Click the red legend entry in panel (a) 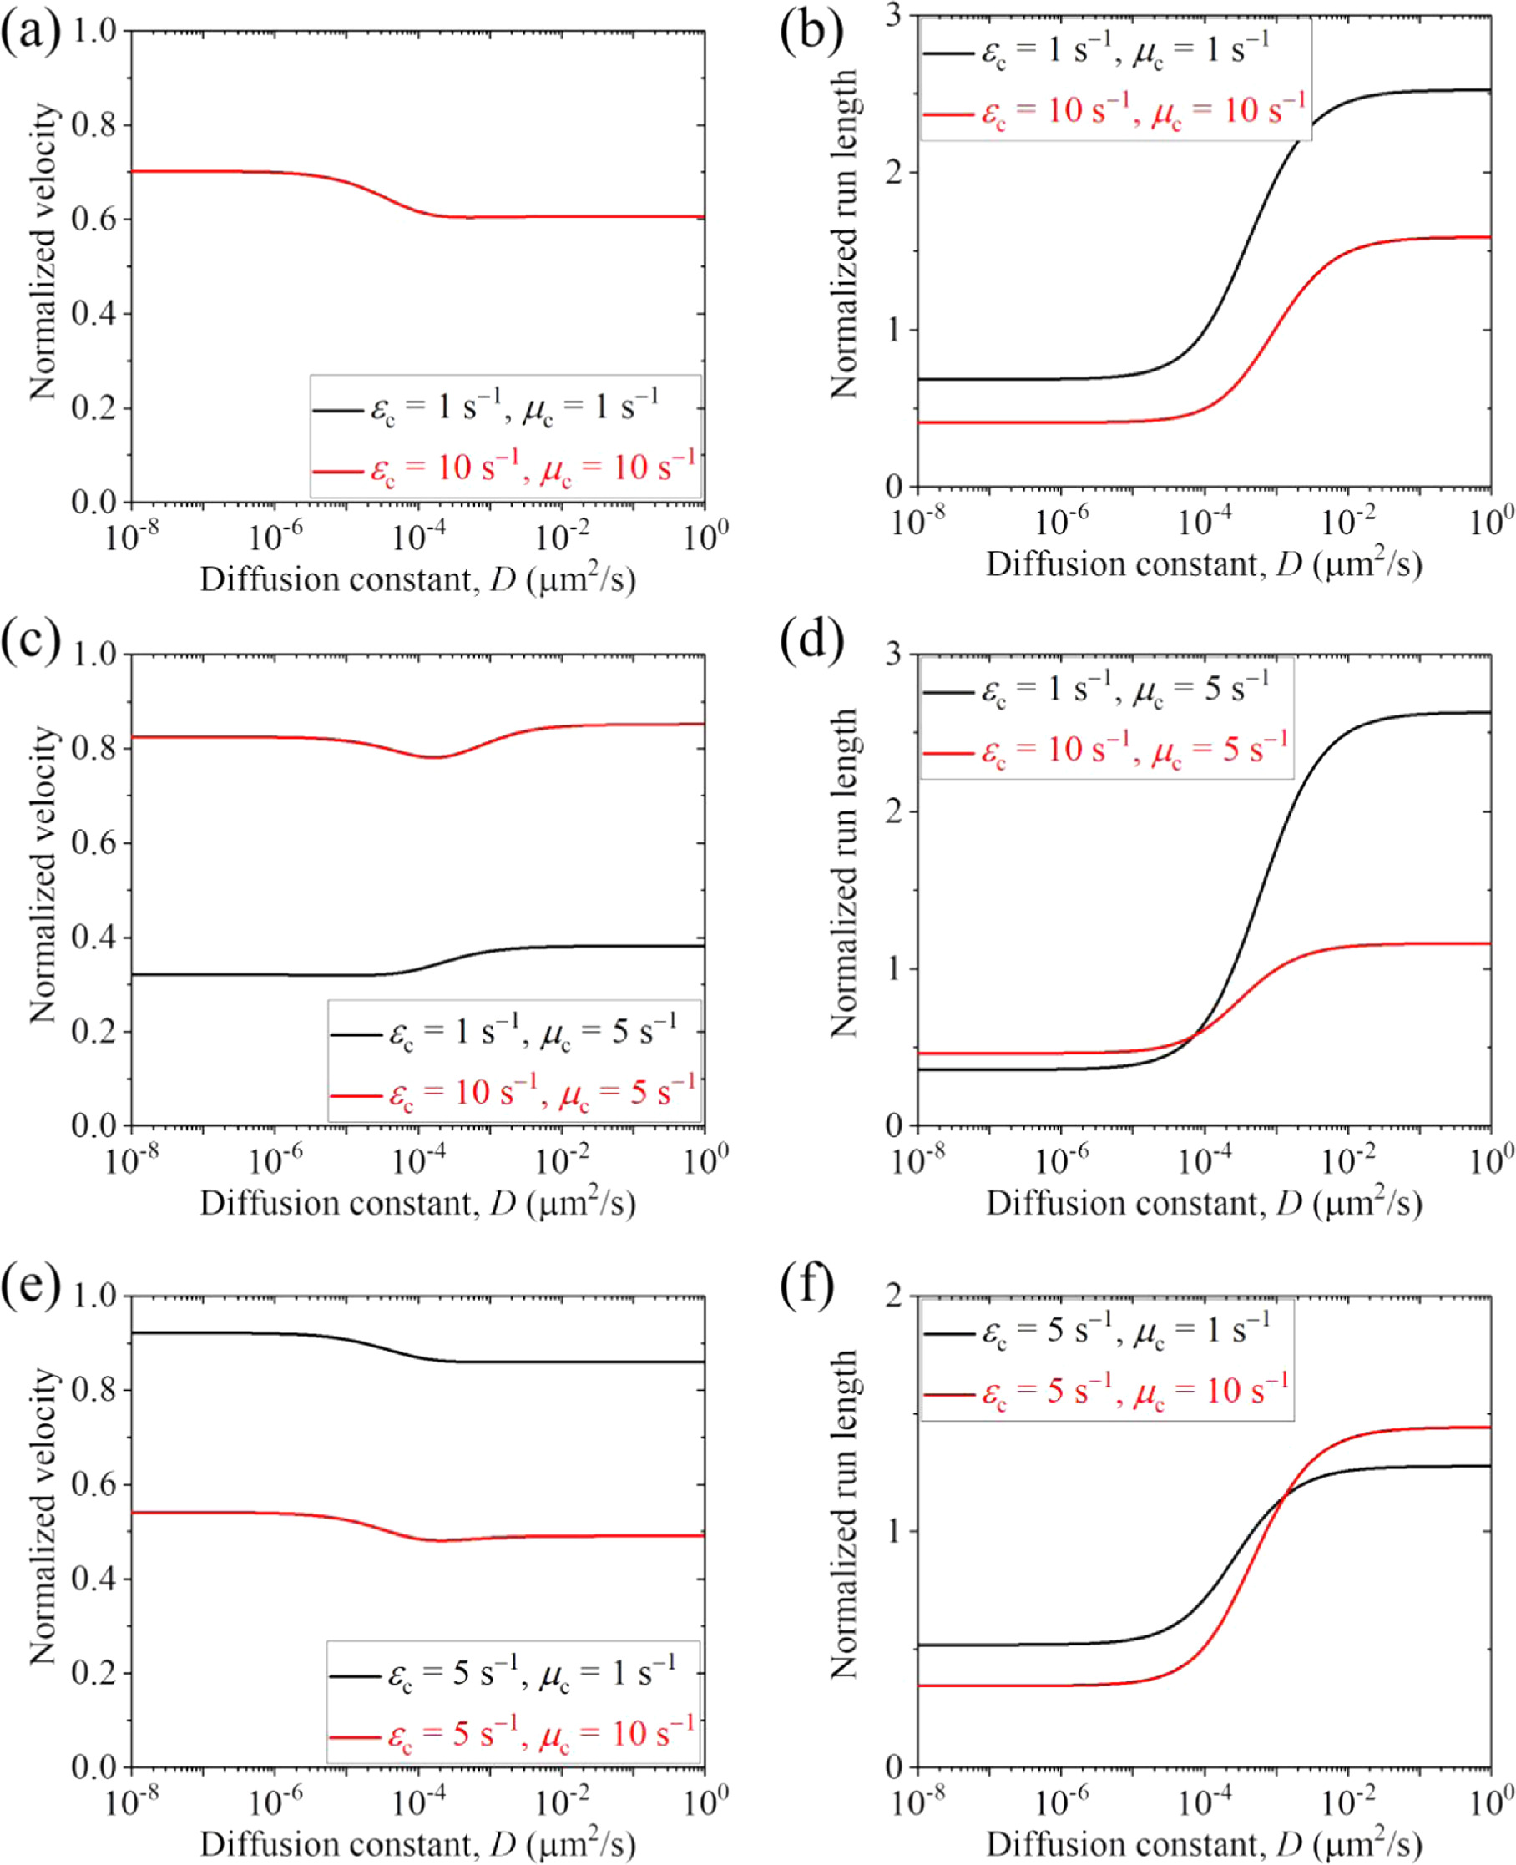pos(505,468)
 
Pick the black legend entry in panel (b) pos(1096,51)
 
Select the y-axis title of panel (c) pos(42,875)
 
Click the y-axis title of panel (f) pos(844,1516)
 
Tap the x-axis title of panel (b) pos(1204,565)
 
